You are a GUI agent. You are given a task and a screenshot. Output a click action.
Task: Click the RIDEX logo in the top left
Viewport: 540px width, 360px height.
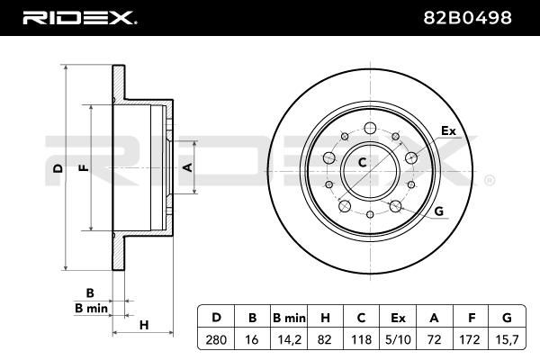pyautogui.click(x=78, y=17)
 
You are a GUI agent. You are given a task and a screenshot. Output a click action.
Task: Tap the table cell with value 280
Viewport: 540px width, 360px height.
pyautogui.click(x=215, y=340)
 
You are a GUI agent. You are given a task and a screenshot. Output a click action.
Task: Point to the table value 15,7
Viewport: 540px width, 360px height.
pyautogui.click(x=506, y=340)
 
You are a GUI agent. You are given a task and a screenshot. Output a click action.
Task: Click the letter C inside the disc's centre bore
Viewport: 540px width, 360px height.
pyautogui.click(x=362, y=163)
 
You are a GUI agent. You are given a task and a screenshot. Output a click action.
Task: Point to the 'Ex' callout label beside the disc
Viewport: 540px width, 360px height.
pyautogui.click(x=447, y=132)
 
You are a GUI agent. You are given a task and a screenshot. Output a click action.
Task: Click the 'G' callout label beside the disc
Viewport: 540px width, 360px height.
pyautogui.click(x=439, y=211)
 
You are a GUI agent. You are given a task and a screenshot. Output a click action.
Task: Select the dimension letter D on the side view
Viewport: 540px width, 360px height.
pyautogui.click(x=57, y=168)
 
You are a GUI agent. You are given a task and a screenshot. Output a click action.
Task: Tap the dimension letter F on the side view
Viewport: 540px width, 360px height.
pyautogui.click(x=83, y=168)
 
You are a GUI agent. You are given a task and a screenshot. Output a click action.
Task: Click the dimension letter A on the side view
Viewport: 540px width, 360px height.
pyautogui.click(x=187, y=168)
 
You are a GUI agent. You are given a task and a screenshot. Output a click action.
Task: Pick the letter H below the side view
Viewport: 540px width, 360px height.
pyautogui.click(x=143, y=325)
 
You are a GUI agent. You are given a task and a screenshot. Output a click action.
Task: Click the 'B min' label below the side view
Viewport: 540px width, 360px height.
pyautogui.click(x=90, y=309)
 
